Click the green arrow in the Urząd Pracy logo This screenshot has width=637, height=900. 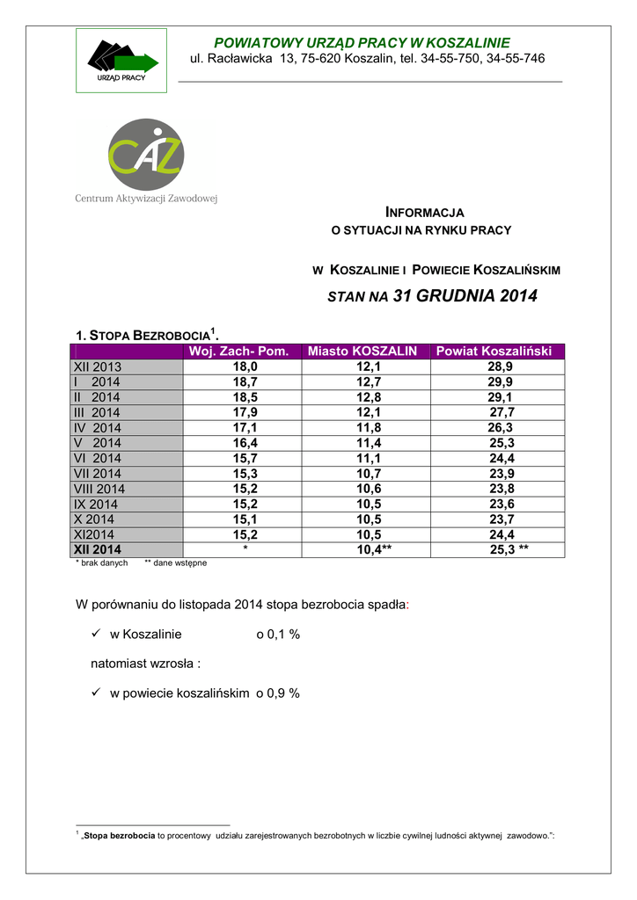coord(136,62)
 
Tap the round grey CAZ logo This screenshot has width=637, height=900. coord(146,154)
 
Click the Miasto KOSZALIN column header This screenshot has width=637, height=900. coord(362,352)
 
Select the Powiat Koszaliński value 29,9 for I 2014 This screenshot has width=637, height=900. coord(501,381)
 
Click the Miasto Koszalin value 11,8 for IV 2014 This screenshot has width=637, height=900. coord(369,427)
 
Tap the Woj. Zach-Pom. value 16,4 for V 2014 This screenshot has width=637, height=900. coord(245,443)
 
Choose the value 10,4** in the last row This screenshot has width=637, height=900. coord(374,549)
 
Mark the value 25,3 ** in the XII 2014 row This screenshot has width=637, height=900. coord(509,549)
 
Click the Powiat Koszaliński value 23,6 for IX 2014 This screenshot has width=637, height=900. coord(502,504)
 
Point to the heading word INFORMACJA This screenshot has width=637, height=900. coord(426,213)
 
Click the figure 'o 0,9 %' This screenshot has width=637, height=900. coord(278,693)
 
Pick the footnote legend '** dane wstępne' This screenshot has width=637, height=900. coord(176,562)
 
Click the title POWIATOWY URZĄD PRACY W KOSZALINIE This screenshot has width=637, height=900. coord(362,43)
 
